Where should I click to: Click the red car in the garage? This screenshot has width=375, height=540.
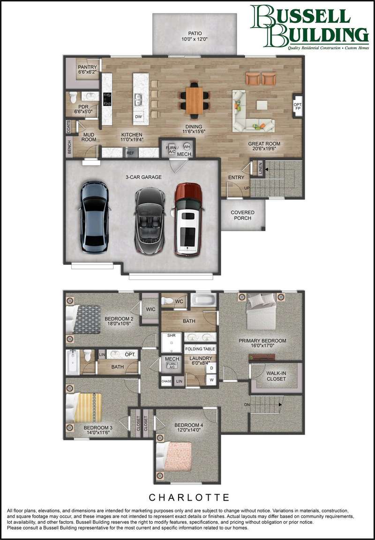point(187,219)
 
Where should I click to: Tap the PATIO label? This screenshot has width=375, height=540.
point(195,33)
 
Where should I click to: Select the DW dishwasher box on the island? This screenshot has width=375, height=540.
point(138,117)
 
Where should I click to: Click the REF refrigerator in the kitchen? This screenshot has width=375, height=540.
point(130,153)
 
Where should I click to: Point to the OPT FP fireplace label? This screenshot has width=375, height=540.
point(297,107)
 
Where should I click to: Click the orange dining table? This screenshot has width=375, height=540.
point(194,101)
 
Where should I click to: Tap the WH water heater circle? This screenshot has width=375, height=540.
point(187,146)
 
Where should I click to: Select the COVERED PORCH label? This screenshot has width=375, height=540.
point(242,215)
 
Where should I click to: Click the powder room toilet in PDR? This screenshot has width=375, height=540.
point(73,97)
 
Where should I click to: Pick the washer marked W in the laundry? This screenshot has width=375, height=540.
point(211,380)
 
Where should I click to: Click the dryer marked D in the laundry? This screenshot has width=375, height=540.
point(211,368)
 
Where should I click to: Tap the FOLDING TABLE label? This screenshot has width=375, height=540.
point(201,349)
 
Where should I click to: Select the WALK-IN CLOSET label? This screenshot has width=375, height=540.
point(276,376)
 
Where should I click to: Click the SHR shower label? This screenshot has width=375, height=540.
point(172,335)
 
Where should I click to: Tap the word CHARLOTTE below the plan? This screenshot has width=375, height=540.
point(189,497)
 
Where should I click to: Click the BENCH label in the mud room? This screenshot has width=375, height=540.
point(69,147)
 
